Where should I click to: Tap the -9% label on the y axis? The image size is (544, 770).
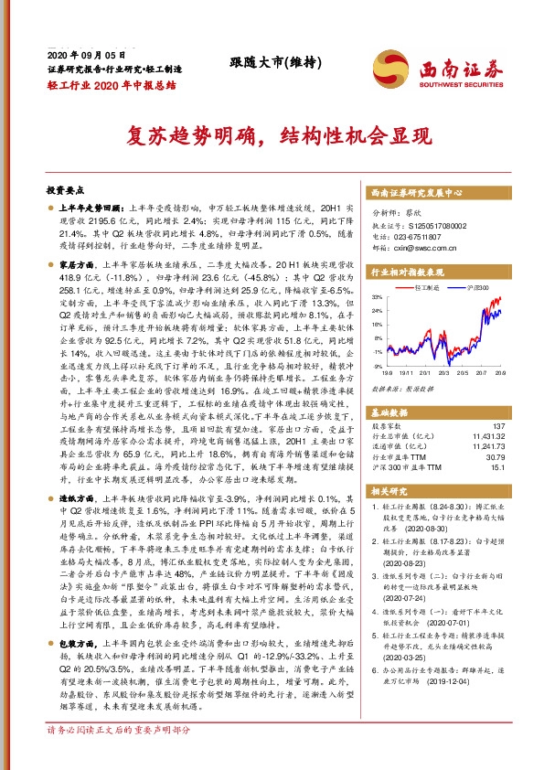378,365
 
